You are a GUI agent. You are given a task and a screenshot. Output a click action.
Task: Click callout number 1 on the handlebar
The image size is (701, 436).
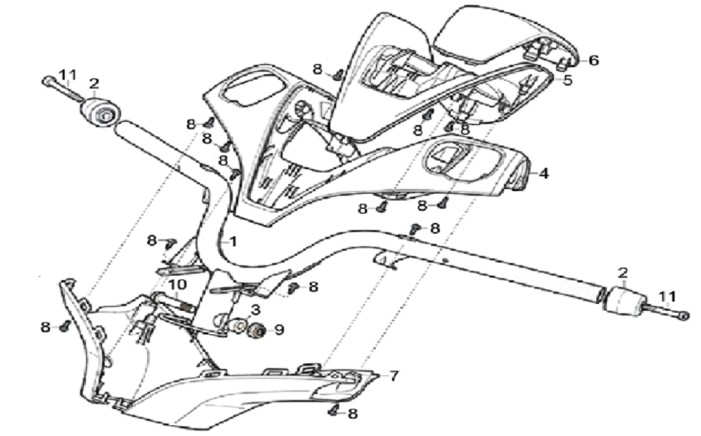click(233, 242)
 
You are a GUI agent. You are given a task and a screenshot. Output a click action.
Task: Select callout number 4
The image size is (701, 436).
click(544, 174)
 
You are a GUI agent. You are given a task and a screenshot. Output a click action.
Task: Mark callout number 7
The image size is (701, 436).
click(394, 376)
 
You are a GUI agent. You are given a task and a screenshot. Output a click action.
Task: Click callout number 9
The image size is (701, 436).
click(278, 330)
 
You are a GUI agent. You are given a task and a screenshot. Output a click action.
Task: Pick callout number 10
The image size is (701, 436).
click(177, 285)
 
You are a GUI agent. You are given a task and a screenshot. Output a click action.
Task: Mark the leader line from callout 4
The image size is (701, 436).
click(532, 174)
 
